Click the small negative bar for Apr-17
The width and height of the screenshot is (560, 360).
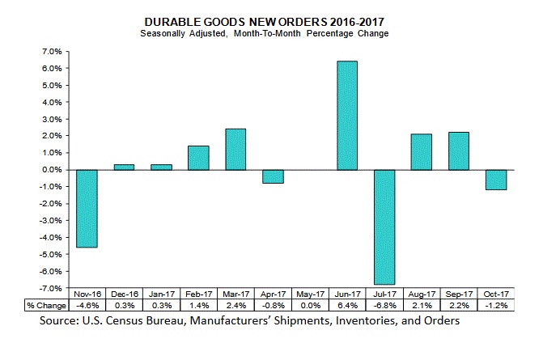pos(273,176)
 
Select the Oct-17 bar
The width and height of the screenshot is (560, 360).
pos(496,180)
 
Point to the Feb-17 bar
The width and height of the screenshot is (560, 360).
pos(198,158)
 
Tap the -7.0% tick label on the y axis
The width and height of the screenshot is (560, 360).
pos(49,289)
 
